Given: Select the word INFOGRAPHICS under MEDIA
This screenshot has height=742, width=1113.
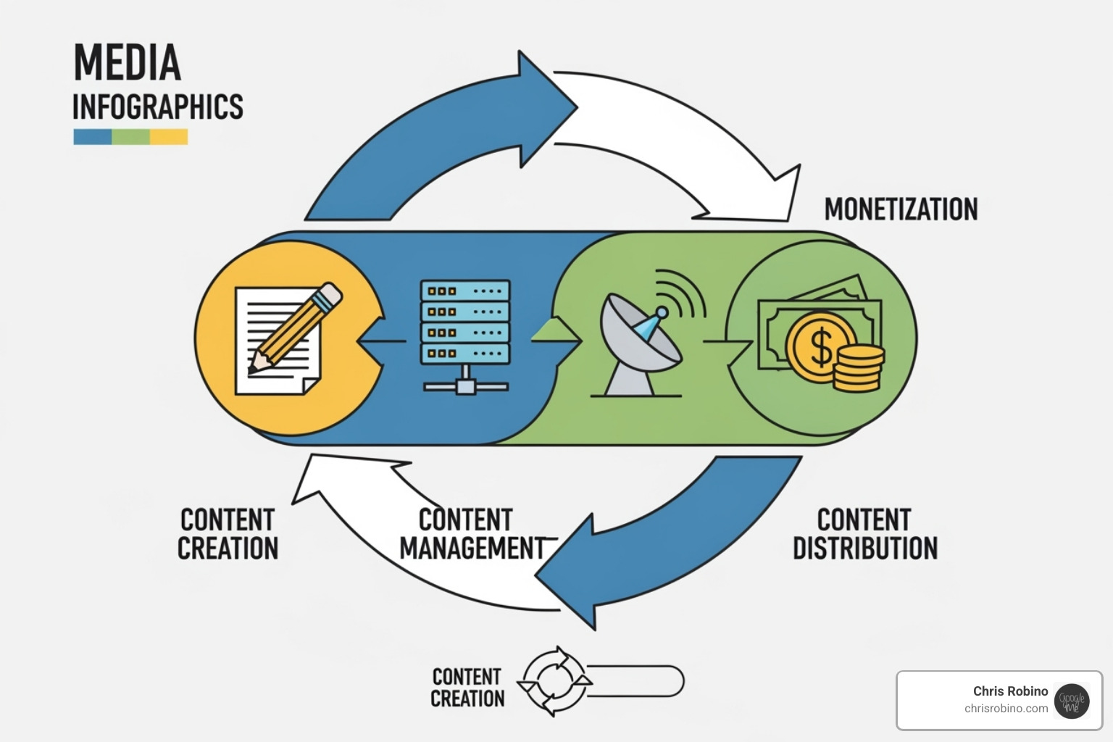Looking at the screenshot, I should click(x=157, y=107).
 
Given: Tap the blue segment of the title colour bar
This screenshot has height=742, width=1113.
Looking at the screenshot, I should click(x=92, y=137).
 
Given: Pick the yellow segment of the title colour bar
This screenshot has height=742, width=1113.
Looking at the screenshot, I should click(x=170, y=137).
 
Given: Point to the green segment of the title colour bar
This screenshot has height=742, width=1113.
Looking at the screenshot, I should click(x=131, y=137).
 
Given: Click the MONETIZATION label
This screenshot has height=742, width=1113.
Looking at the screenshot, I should click(x=901, y=209).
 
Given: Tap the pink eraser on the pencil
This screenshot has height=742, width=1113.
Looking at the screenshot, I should click(x=330, y=294).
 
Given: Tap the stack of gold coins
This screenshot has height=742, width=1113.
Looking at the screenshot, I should click(x=858, y=367).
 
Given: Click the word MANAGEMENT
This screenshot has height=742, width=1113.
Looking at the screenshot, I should click(x=472, y=549).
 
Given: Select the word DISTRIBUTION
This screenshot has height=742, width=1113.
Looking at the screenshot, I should click(x=864, y=549).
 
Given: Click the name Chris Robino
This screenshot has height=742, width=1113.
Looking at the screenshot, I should click(x=1010, y=691).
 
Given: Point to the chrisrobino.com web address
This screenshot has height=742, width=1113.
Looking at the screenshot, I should click(x=1006, y=709).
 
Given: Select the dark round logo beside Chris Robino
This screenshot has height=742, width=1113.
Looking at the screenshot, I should click(x=1072, y=701).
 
